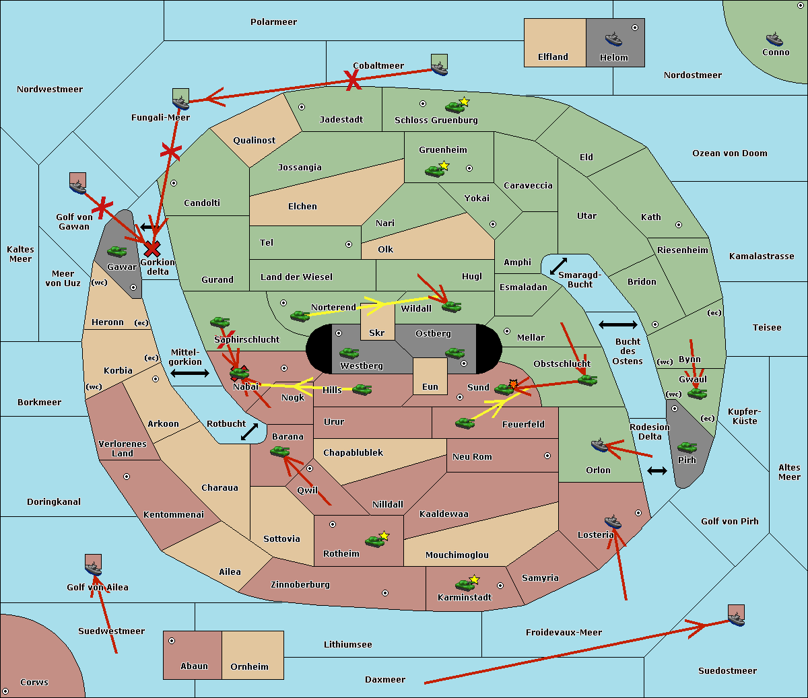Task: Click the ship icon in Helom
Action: pyautogui.click(x=613, y=38)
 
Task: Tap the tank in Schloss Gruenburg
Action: pyautogui.click(x=454, y=107)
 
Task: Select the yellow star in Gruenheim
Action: pyautogui.click(x=444, y=165)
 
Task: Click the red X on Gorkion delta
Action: pyautogui.click(x=152, y=249)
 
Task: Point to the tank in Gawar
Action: pyautogui.click(x=116, y=252)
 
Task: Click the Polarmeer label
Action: pyautogui.click(x=273, y=22)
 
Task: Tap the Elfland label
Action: pyautogui.click(x=553, y=57)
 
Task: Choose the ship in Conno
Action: pyautogui.click(x=774, y=39)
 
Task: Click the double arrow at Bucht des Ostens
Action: pyautogui.click(x=617, y=325)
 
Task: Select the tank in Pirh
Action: pyautogui.click(x=687, y=448)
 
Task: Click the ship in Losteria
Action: pyautogui.click(x=613, y=521)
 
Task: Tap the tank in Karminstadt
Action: pyautogui.click(x=465, y=585)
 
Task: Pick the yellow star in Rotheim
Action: pyautogui.click(x=384, y=536)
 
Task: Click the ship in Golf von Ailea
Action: pyautogui.click(x=93, y=569)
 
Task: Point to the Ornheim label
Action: pyautogui.click(x=249, y=667)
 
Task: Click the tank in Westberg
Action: pyautogui.click(x=349, y=353)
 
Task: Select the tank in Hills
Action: pyautogui.click(x=362, y=389)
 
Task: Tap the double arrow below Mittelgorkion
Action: pyautogui.click(x=190, y=373)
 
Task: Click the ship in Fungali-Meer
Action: pyautogui.click(x=180, y=102)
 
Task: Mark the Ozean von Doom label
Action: pyautogui.click(x=730, y=153)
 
